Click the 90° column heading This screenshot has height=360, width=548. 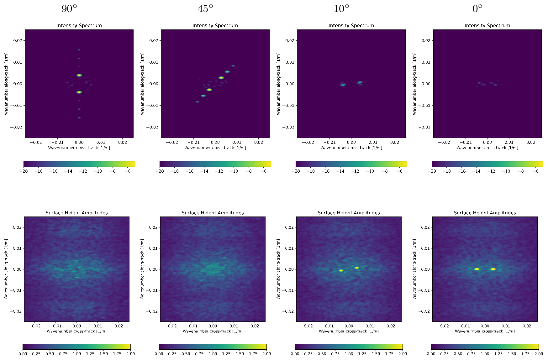pyautogui.click(x=69, y=8)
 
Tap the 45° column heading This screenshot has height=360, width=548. pyautogui.click(x=205, y=8)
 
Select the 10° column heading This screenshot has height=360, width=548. pyautogui.click(x=341, y=8)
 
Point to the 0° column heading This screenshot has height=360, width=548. pyautogui.click(x=477, y=8)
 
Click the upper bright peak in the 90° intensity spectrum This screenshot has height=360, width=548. pyautogui.click(x=79, y=75)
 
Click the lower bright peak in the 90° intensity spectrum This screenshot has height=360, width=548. pyautogui.click(x=79, y=92)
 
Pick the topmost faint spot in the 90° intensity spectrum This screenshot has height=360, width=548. pyautogui.click(x=79, y=50)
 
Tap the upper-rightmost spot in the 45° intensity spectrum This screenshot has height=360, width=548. pyautogui.click(x=233, y=66)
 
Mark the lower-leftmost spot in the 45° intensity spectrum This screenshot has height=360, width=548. pyautogui.click(x=198, y=102)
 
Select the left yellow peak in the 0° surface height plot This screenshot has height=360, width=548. pyautogui.click(x=477, y=269)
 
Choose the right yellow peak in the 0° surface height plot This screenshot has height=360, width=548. pyautogui.click(x=493, y=269)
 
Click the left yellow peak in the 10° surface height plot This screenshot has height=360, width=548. pyautogui.click(x=341, y=270)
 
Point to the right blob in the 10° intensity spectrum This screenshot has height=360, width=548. pyautogui.click(x=360, y=83)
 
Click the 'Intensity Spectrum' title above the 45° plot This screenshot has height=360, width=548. pyautogui.click(x=215, y=26)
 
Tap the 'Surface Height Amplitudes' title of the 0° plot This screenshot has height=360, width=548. pyautogui.click(x=485, y=213)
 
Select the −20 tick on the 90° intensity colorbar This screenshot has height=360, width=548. pyautogui.click(x=24, y=171)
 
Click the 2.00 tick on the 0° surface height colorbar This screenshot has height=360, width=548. pyautogui.click(x=539, y=354)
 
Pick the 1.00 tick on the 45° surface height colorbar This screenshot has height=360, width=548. pyautogui.click(x=213, y=354)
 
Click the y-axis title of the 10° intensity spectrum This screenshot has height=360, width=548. pyautogui.click(x=278, y=84)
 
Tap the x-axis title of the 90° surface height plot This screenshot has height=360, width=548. pyautogui.click(x=77, y=331)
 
